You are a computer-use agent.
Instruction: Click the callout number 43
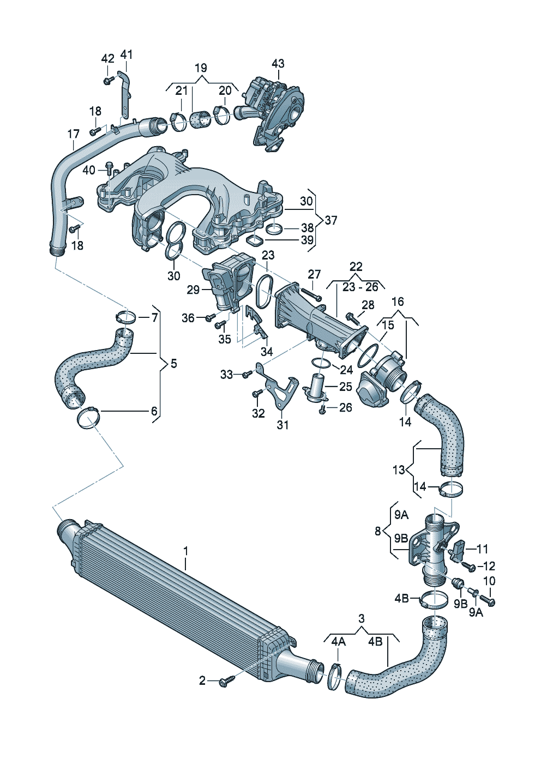click(x=278, y=63)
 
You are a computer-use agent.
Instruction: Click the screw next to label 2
click(x=226, y=681)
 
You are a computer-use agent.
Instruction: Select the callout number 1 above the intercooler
click(x=185, y=551)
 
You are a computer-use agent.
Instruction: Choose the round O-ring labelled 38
click(x=274, y=228)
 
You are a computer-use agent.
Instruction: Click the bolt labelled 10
click(x=490, y=600)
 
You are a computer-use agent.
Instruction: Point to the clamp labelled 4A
click(x=334, y=677)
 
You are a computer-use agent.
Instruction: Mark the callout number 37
click(x=331, y=220)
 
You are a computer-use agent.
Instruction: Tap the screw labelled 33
click(x=247, y=374)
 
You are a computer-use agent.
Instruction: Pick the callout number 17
click(x=74, y=134)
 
